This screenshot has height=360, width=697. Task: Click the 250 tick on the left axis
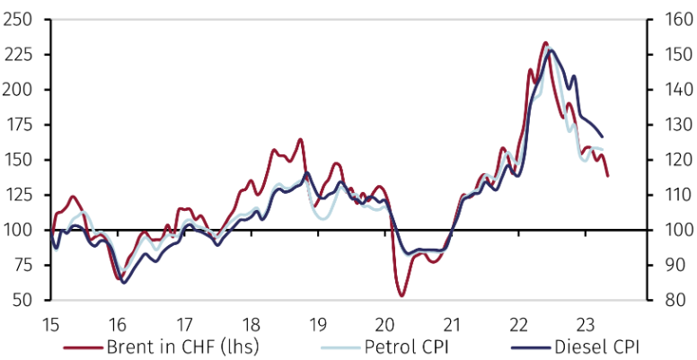(19, 20)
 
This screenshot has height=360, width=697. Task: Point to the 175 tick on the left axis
(19, 125)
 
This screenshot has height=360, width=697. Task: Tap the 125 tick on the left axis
(19, 196)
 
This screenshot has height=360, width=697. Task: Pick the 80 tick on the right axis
(665, 301)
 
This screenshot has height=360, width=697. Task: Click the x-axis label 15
(51, 324)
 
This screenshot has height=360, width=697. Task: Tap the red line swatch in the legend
(83, 347)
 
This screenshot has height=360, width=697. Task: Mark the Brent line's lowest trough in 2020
(401, 295)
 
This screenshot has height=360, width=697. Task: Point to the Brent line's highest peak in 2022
(545, 42)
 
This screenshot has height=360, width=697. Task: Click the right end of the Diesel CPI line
(602, 136)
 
